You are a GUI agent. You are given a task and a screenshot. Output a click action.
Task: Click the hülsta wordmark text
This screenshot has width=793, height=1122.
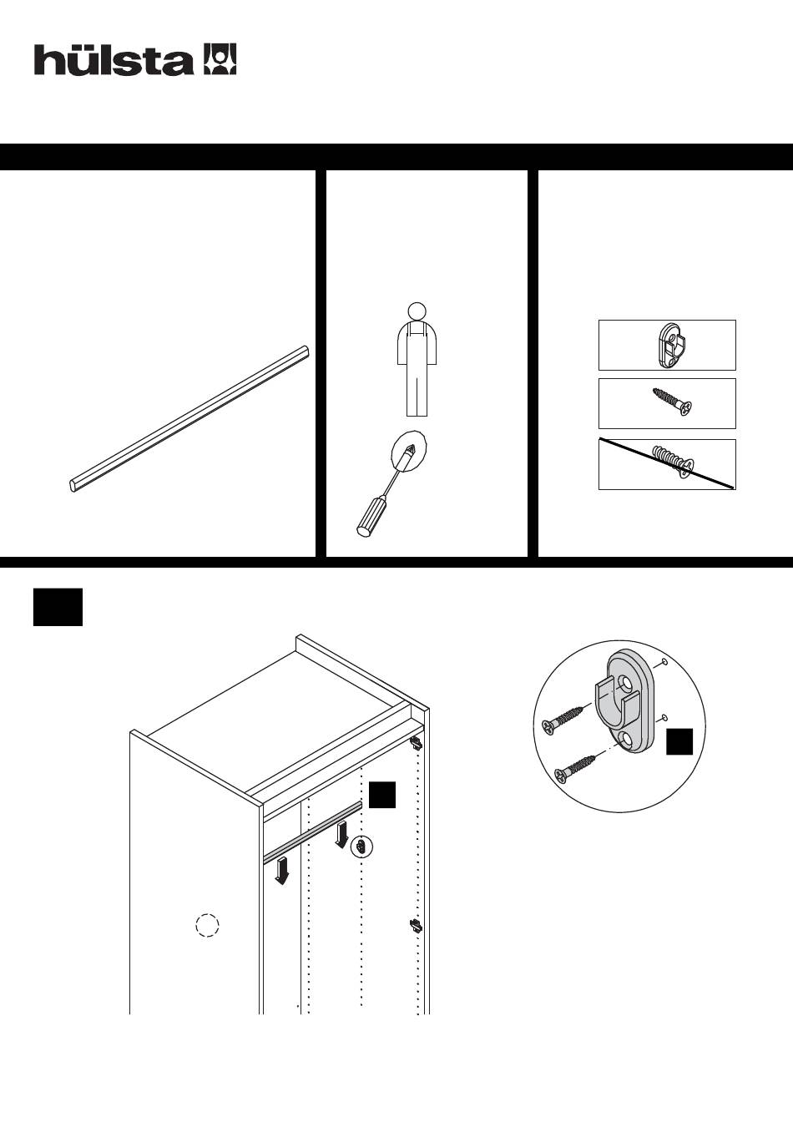click(114, 60)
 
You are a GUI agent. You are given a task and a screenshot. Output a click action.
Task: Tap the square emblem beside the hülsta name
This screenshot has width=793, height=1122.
click(220, 59)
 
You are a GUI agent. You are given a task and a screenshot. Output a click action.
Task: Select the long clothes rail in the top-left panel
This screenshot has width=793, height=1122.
click(189, 420)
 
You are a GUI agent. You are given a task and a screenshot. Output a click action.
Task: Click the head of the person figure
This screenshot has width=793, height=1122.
click(415, 309)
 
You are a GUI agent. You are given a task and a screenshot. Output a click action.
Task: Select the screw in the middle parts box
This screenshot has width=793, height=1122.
click(672, 402)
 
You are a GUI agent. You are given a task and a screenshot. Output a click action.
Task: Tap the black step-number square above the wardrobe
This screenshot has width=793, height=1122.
click(58, 607)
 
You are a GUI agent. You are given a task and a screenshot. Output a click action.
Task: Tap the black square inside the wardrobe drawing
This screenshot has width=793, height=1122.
click(381, 795)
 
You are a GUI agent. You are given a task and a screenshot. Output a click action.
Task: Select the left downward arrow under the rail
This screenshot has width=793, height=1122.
click(283, 871)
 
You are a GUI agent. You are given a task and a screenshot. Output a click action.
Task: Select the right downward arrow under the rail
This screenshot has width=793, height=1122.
click(341, 835)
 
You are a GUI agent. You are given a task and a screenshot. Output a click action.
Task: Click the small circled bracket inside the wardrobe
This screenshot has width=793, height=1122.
click(361, 847)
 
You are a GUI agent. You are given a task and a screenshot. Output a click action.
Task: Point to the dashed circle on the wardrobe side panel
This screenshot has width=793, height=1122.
click(207, 925)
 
